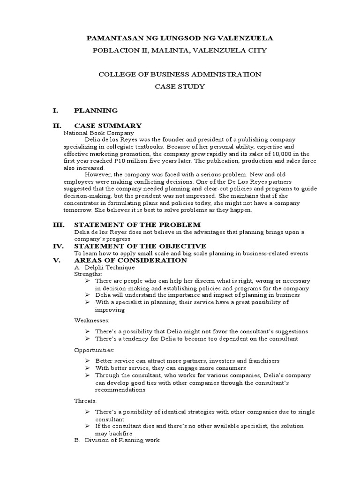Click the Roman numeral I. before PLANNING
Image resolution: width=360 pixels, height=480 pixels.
pos(56,111)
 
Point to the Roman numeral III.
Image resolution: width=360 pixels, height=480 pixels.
pos(58,225)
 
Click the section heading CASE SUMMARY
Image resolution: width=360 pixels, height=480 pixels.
pos(108,126)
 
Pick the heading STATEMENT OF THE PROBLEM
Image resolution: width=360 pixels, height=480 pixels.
pos(137,225)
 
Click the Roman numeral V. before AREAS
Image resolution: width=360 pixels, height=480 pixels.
pos(57,260)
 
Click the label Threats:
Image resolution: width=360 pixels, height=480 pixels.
pos(86,401)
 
